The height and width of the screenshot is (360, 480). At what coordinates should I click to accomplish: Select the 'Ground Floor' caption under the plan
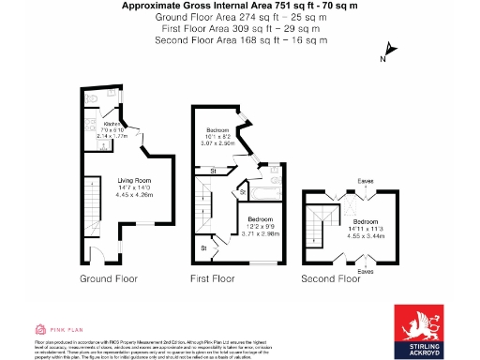(x=109, y=279)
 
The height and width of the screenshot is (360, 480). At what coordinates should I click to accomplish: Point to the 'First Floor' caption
(x=217, y=279)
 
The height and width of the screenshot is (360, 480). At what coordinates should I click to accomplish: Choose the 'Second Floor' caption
(x=331, y=279)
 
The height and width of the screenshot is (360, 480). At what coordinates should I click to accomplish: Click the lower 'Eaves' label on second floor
(x=365, y=271)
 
